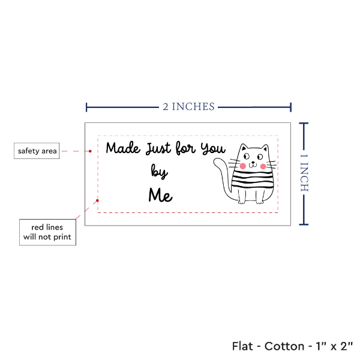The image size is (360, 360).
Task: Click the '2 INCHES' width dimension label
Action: pyautogui.click(x=189, y=107)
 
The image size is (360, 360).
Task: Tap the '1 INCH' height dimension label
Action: pyautogui.click(x=304, y=173)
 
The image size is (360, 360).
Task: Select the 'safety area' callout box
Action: pyautogui.click(x=37, y=151)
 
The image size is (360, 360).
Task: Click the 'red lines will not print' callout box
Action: pyautogui.click(x=47, y=232)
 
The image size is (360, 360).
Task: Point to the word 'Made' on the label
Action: pyautogui.click(x=123, y=148)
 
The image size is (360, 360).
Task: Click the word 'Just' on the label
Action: pyautogui.click(x=158, y=148)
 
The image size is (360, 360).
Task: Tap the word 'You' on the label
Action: pyautogui.click(x=213, y=149)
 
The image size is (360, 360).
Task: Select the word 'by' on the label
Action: pyautogui.click(x=160, y=172)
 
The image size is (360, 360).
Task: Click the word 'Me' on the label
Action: pyautogui.click(x=160, y=195)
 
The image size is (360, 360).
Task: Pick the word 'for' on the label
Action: pyautogui.click(x=185, y=148)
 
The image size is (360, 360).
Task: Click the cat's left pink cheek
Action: pyautogui.click(x=242, y=166)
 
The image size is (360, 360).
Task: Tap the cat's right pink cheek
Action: pyautogui.click(x=263, y=166)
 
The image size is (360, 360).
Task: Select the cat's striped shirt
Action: pyautogui.click(x=253, y=179)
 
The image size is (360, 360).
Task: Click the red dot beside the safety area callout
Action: pyautogui.click(x=90, y=151)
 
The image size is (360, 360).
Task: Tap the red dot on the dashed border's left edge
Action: pyautogui.click(x=97, y=200)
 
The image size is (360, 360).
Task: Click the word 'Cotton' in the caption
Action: pyautogui.click(x=284, y=346)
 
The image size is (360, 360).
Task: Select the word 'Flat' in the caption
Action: pyautogui.click(x=242, y=346)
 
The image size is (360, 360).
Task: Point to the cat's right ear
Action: pyautogui.click(x=265, y=148)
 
